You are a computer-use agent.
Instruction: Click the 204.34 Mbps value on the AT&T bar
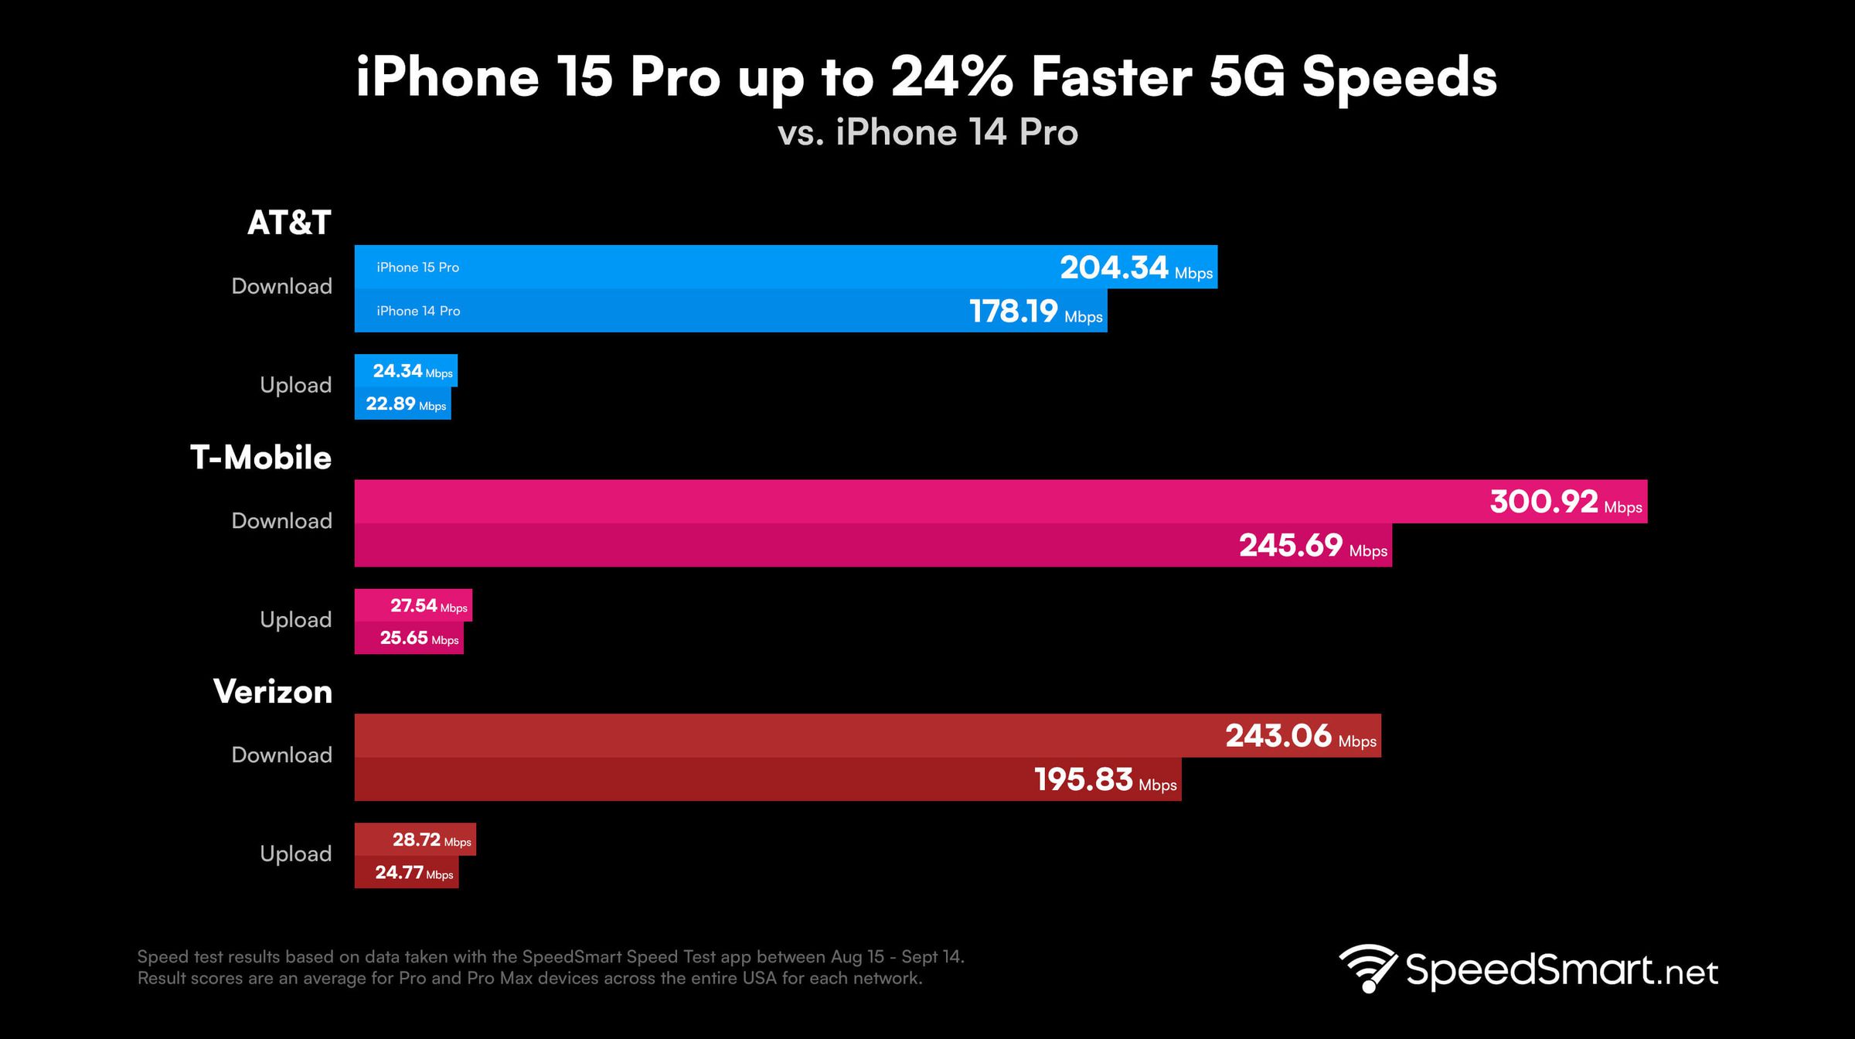tap(1135, 267)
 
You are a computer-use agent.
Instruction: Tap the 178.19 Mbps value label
tap(1035, 312)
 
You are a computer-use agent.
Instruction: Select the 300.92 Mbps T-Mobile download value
tap(1564, 502)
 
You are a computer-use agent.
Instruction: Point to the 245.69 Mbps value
tap(1312, 546)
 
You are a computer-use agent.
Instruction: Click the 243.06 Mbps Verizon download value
tap(1300, 736)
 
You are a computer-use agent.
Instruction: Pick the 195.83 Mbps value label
tap(1104, 779)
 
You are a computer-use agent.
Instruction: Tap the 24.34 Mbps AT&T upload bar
tap(407, 371)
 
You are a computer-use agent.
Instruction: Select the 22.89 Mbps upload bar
tap(403, 404)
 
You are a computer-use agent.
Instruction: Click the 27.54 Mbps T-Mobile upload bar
tap(414, 605)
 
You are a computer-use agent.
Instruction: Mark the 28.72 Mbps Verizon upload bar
tap(416, 840)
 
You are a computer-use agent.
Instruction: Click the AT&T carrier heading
tap(289, 223)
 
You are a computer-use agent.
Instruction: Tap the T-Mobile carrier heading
tap(260, 458)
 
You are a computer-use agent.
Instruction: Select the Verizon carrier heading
tap(272, 692)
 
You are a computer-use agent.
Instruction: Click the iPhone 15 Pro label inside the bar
tap(417, 267)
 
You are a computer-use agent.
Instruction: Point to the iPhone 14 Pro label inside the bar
tap(418, 311)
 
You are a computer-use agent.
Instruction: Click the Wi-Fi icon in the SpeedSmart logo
tap(1367, 967)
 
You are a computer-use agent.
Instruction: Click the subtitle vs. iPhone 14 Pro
tap(927, 132)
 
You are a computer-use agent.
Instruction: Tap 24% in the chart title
tap(951, 77)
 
